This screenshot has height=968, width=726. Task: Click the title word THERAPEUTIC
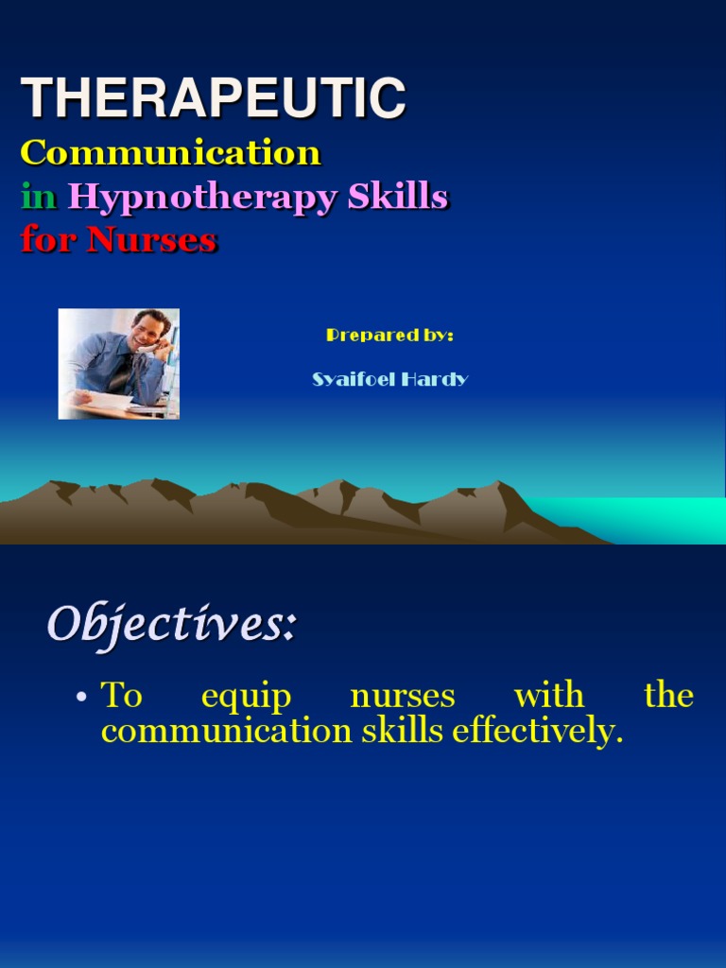[x=214, y=98]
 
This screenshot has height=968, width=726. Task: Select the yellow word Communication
[x=171, y=152]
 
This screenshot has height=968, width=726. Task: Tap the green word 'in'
[x=39, y=197]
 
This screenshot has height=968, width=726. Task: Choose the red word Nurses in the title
[x=151, y=240]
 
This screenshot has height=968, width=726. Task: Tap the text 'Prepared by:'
[x=389, y=335]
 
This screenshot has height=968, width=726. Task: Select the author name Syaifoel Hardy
[x=389, y=379]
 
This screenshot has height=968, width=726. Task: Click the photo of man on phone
[x=119, y=364]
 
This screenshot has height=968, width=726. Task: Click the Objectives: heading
[x=172, y=625]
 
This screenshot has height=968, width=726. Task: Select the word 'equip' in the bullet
[x=246, y=698]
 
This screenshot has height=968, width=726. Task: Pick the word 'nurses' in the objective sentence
[x=403, y=697]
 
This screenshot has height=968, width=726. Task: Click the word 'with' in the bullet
[x=548, y=697]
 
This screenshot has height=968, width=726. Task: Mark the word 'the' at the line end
[x=668, y=697]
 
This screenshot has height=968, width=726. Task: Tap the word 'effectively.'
[x=538, y=732]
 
